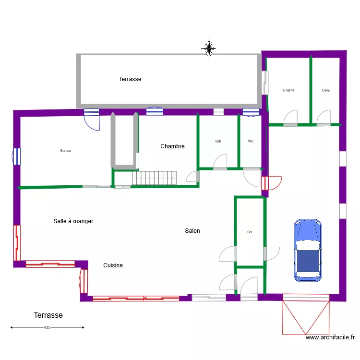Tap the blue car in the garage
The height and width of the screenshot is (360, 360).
[x=308, y=250]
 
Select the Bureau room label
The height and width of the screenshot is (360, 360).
[x=66, y=151]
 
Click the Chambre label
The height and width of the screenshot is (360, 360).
[x=172, y=146]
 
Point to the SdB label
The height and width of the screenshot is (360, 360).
[x=218, y=141]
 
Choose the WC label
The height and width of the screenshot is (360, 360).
[x=251, y=141]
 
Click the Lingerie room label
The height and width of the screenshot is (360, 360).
[x=288, y=90]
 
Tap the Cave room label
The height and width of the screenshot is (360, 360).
[x=326, y=90]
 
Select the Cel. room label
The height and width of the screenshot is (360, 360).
[x=250, y=232]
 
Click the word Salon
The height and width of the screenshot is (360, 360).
[x=192, y=231]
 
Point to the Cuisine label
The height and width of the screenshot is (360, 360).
[x=113, y=265]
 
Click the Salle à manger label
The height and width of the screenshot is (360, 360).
[x=73, y=221]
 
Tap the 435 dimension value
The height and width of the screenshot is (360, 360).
[x=47, y=327]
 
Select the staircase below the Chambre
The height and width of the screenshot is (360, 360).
[x=154, y=178]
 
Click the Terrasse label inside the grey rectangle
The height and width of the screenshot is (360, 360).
[x=130, y=79]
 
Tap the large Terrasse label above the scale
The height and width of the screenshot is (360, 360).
[x=48, y=315]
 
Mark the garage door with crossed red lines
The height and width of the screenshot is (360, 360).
[x=306, y=315]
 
